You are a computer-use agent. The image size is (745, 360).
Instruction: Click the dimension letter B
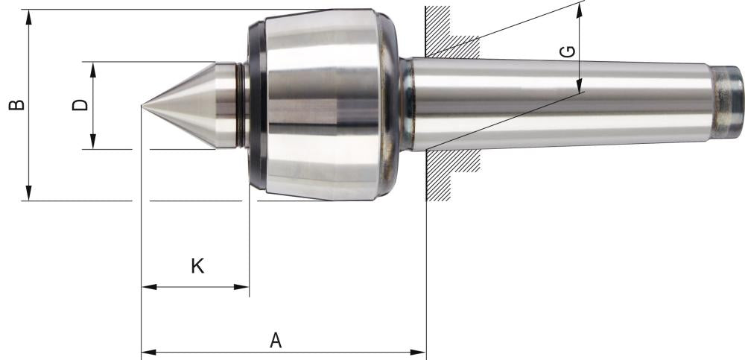pyautogui.click(x=16, y=104)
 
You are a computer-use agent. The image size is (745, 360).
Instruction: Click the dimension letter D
pyautogui.click(x=80, y=105)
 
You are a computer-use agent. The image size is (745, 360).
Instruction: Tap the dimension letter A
pyautogui.click(x=276, y=340)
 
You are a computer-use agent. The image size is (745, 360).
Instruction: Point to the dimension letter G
pyautogui.click(x=567, y=52)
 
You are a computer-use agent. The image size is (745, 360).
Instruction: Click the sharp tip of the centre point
pyautogui.click(x=142, y=105)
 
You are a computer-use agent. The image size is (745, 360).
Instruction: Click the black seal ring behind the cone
pyautogui.click(x=254, y=104)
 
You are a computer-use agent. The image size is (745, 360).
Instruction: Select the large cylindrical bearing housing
pyautogui.click(x=320, y=104)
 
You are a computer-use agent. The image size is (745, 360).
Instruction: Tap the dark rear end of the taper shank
pyautogui.click(x=729, y=102)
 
